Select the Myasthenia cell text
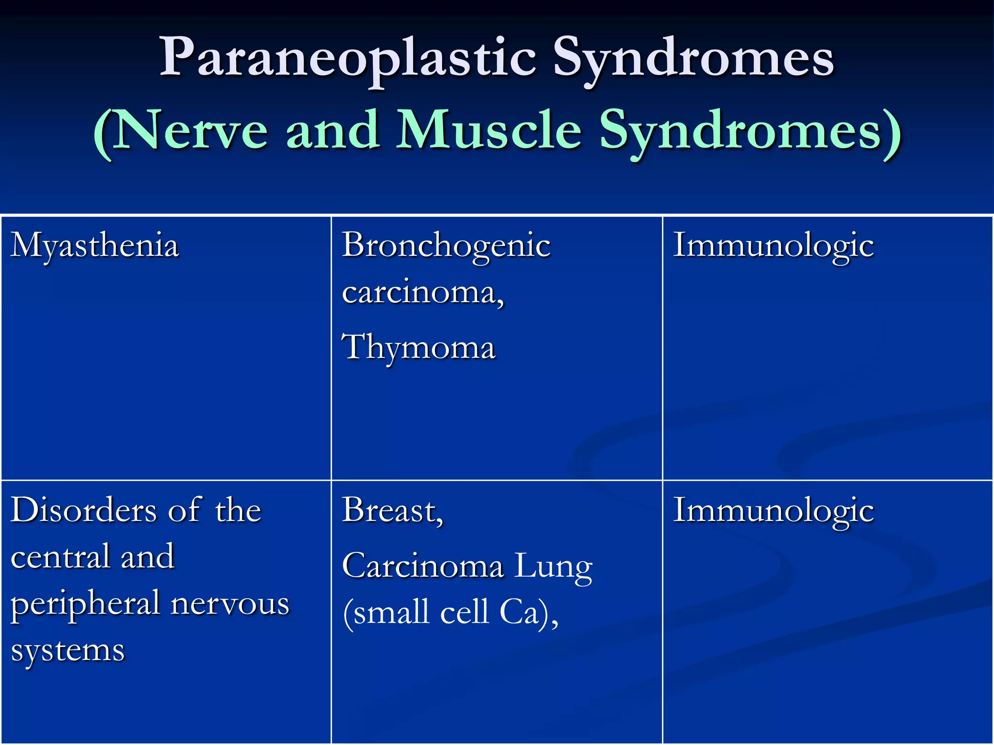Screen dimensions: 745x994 [95, 246]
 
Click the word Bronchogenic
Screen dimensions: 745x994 [446, 246]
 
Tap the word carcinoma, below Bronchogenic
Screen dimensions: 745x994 [423, 292]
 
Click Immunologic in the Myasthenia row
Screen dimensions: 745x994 [773, 246]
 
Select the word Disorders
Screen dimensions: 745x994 [83, 510]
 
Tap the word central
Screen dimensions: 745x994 [60, 557]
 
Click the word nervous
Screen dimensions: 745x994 [230, 604]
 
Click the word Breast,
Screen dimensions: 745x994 [392, 511]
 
